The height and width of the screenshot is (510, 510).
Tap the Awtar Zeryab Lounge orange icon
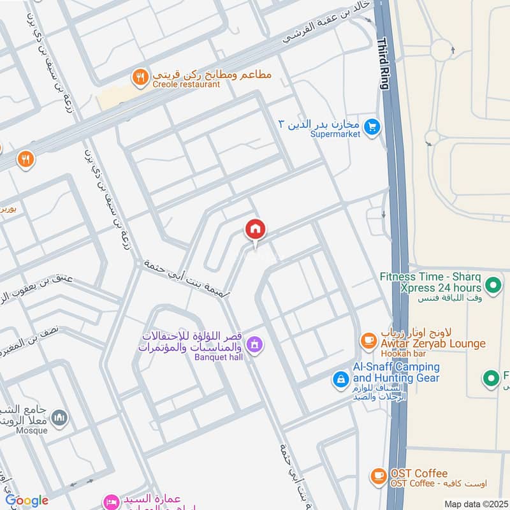coord(368,341)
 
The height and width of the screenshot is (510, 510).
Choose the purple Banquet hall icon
coord(254,345)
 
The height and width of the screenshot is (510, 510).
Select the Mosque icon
coord(60,418)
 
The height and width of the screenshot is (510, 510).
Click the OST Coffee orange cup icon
coord(379,476)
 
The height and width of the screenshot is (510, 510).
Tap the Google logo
coord(27,500)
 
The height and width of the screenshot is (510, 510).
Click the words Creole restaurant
coord(186,84)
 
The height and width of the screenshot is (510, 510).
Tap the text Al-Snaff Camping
coord(396,367)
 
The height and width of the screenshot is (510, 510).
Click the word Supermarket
coord(335,134)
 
